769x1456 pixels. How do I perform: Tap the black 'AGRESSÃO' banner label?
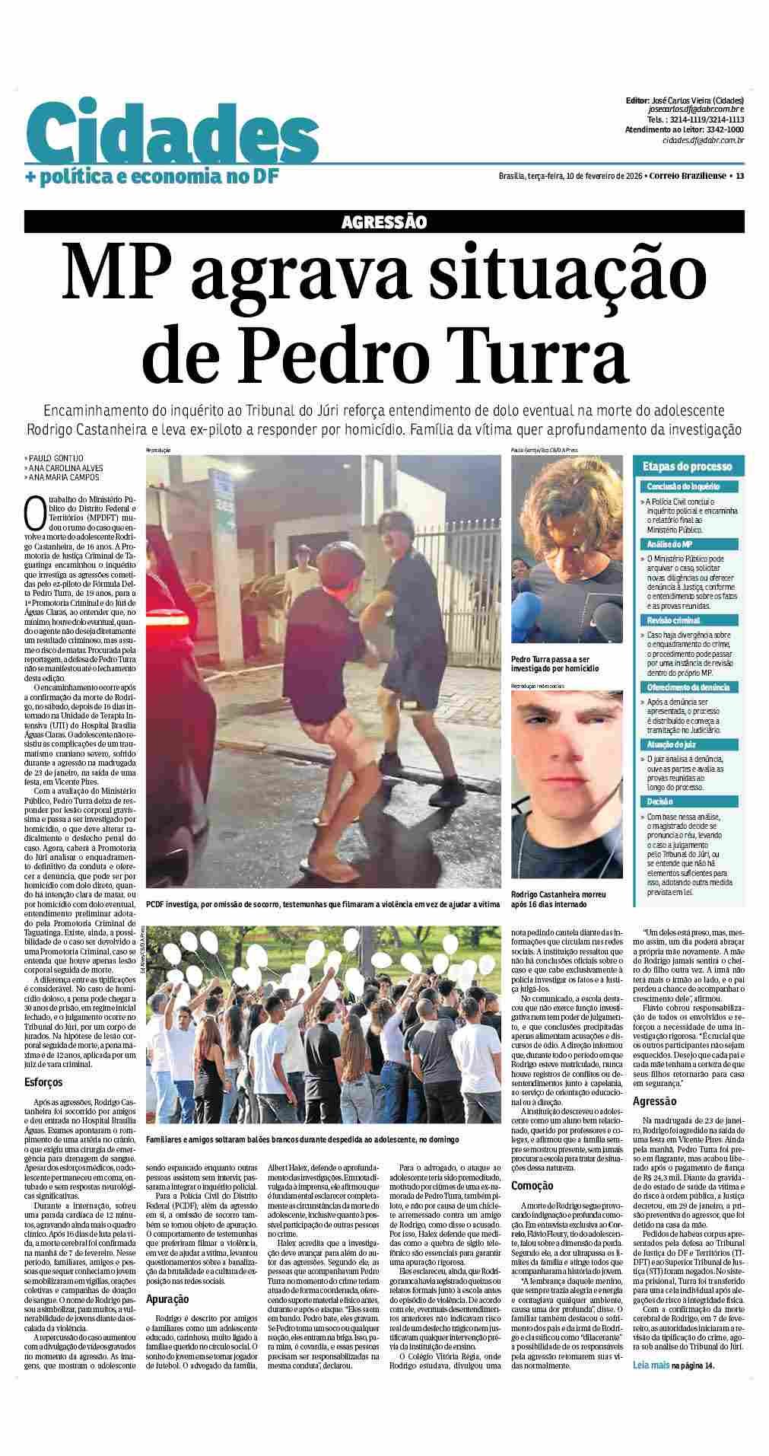point(383,221)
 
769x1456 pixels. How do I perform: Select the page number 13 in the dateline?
point(739,177)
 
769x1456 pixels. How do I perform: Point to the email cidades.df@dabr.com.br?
point(702,140)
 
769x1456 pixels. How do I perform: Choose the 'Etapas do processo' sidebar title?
point(687,467)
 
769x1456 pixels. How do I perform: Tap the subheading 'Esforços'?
point(43,1082)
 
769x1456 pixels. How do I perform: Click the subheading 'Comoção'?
point(532,1185)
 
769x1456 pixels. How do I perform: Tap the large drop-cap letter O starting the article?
point(33,512)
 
